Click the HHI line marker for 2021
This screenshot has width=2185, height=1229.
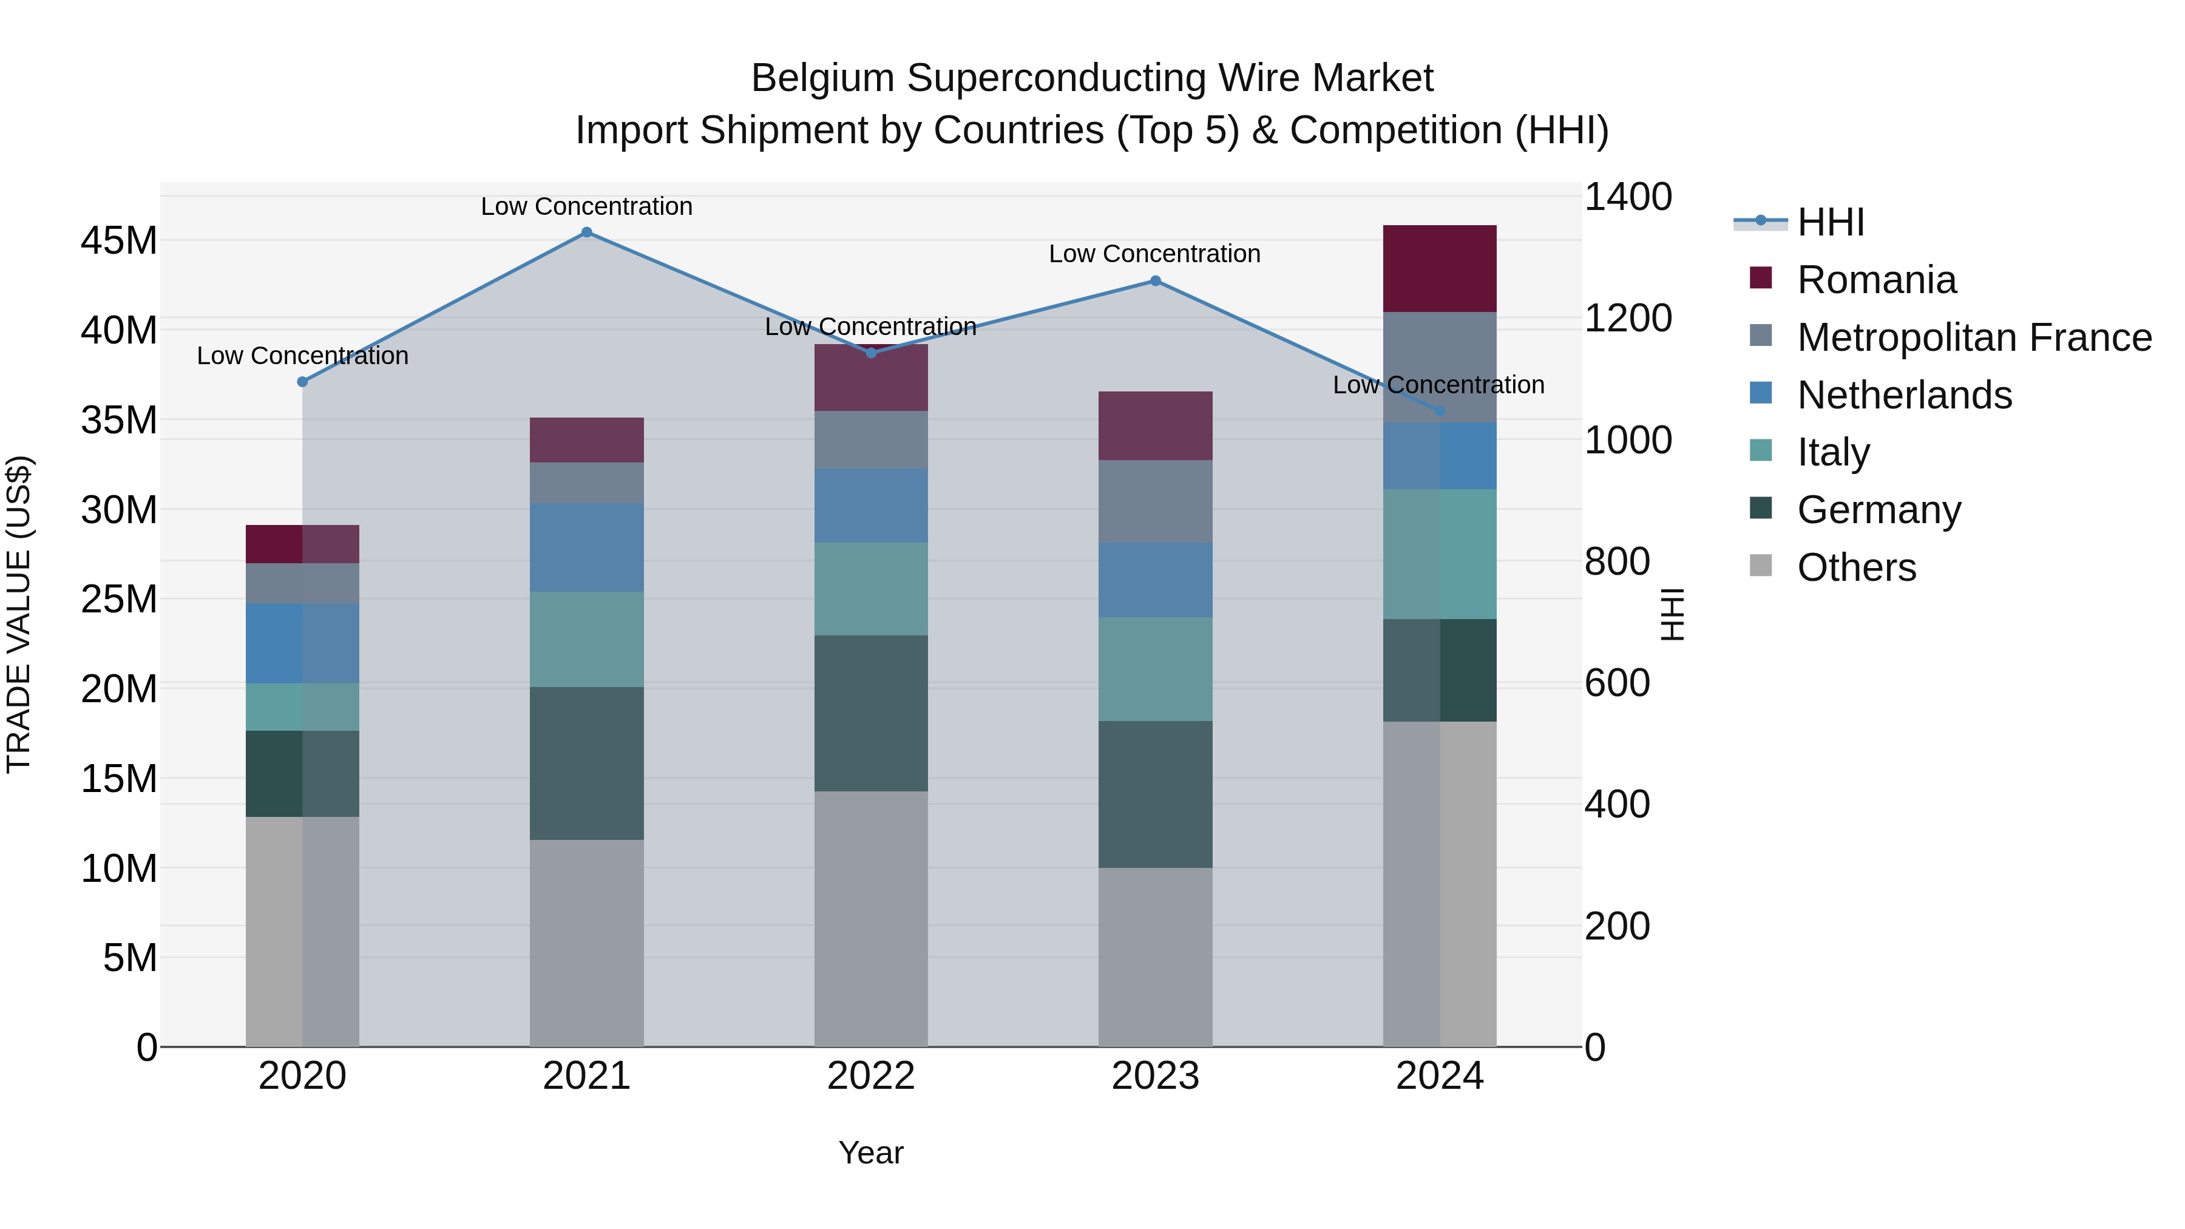pos(586,232)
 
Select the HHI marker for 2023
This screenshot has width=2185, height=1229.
pos(1155,281)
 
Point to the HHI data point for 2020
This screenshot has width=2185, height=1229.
pos(302,382)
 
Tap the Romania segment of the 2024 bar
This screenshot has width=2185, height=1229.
pos(1440,269)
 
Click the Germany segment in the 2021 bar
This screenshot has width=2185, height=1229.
pos(586,763)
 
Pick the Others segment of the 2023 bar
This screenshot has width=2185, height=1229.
pos(1155,956)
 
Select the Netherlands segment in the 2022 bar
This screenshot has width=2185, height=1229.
pos(871,506)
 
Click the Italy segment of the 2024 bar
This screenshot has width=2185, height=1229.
pos(1440,554)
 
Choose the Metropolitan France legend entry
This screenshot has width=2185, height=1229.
pos(1974,337)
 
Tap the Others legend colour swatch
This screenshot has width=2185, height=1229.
pos(1761,566)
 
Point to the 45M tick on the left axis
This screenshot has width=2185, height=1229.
pos(119,241)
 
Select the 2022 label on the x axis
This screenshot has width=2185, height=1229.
pos(871,1076)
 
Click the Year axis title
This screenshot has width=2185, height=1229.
pos(871,1153)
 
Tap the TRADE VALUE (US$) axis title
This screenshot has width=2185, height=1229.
pos(19,614)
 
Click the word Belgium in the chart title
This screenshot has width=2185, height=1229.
pos(822,78)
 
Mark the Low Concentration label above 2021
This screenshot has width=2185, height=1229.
pos(586,206)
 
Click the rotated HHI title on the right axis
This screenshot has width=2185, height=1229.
pos(1672,614)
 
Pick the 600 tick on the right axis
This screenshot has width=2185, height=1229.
pos(1617,683)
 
